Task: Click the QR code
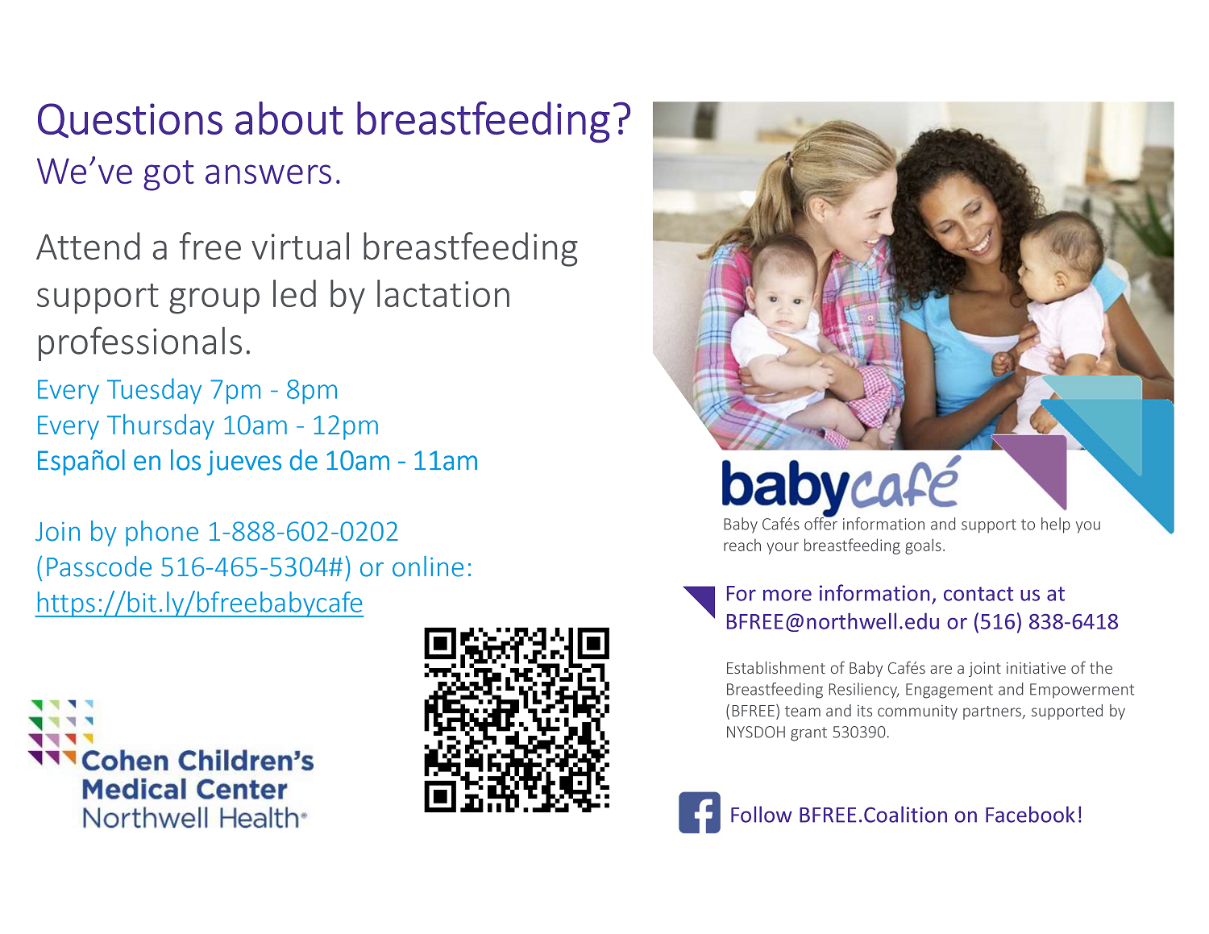click(517, 720)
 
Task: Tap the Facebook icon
click(699, 813)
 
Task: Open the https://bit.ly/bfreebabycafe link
click(199, 603)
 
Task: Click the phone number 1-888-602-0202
click(303, 532)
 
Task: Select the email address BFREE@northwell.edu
click(833, 622)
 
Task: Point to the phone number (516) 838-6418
click(1045, 622)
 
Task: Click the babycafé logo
click(840, 484)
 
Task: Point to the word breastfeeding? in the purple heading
click(493, 121)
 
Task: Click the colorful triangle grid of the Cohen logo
click(61, 732)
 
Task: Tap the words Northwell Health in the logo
click(193, 818)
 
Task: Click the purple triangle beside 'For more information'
click(702, 599)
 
